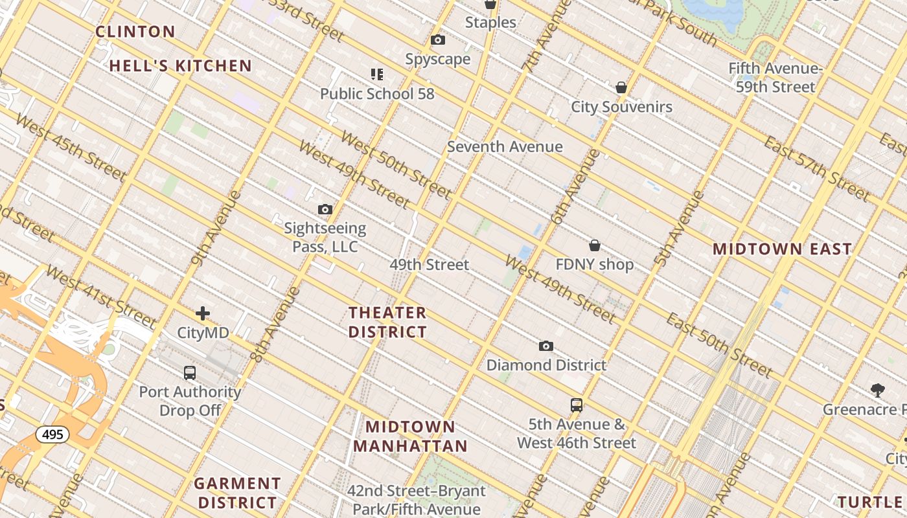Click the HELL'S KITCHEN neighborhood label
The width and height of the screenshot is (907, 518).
[180, 65]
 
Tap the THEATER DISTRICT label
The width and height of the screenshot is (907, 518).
[387, 322]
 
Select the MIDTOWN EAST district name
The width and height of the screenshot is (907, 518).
[782, 249]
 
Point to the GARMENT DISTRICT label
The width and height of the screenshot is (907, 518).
[237, 493]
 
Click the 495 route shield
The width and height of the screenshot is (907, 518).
[52, 434]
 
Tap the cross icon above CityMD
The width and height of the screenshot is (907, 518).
[203, 314]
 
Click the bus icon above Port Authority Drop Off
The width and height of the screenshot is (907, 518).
[190, 373]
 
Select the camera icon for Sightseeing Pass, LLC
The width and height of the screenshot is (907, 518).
[325, 210]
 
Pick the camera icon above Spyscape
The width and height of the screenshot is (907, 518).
[438, 40]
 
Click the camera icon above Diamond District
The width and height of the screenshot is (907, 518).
[546, 346]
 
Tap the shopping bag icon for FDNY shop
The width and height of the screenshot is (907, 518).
[595, 245]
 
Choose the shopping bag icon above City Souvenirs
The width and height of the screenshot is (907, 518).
[621, 87]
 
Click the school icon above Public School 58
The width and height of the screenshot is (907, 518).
[377, 74]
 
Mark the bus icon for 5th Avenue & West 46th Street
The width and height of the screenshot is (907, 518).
[577, 406]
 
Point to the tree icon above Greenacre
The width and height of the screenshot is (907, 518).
[878, 390]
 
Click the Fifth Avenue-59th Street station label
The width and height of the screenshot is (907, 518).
[775, 78]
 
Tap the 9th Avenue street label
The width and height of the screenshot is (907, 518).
[216, 228]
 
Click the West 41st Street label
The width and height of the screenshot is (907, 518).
[101, 296]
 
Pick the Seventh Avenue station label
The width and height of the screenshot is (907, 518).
[505, 147]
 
